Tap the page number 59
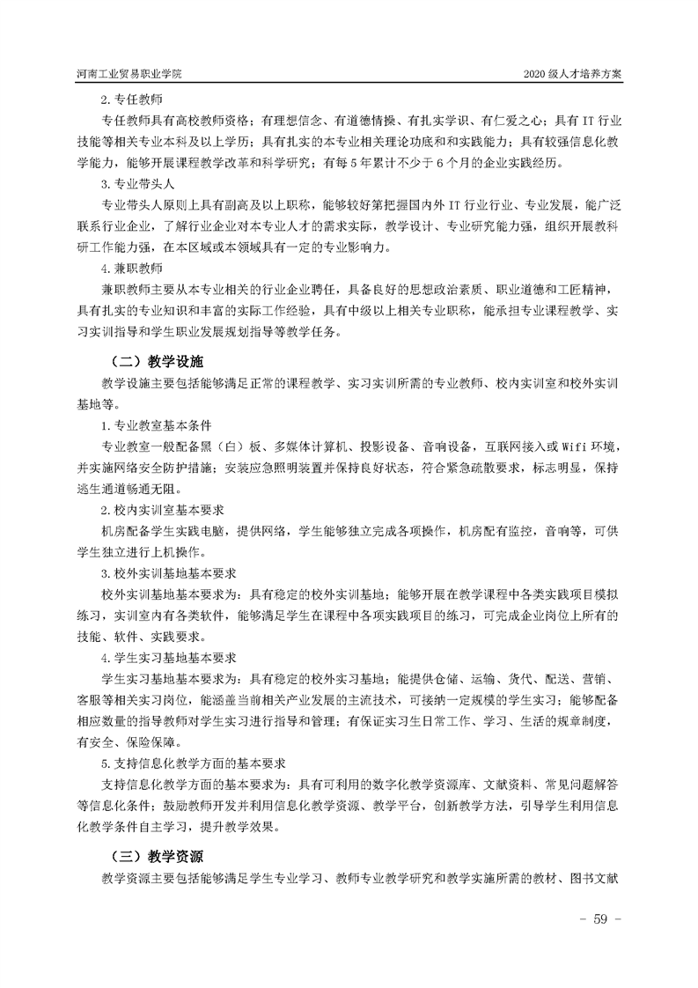pos(600,918)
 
